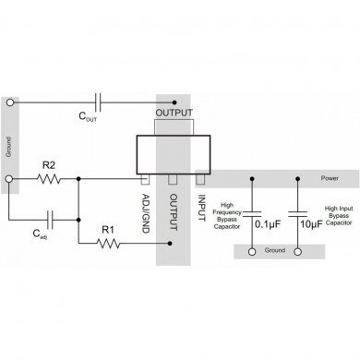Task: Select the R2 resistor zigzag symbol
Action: tap(48, 179)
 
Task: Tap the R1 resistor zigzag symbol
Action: tap(109, 244)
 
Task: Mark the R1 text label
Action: tap(107, 229)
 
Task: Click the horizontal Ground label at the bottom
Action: tap(275, 251)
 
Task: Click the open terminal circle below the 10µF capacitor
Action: tap(297, 251)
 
